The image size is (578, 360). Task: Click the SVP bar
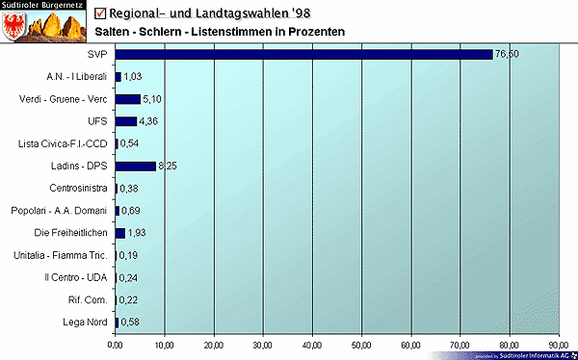[x=303, y=54]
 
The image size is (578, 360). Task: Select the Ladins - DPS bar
[x=135, y=166]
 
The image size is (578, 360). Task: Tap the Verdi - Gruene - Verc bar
[x=127, y=99]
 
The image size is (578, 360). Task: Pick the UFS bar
[x=125, y=121]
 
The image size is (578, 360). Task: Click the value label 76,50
[x=507, y=55]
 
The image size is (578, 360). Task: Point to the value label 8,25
[x=167, y=167]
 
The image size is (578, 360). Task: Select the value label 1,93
[x=137, y=233]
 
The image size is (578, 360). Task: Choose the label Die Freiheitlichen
[x=72, y=233]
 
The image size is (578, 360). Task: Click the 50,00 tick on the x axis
[x=361, y=344]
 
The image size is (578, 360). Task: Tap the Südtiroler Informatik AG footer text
[x=536, y=355]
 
